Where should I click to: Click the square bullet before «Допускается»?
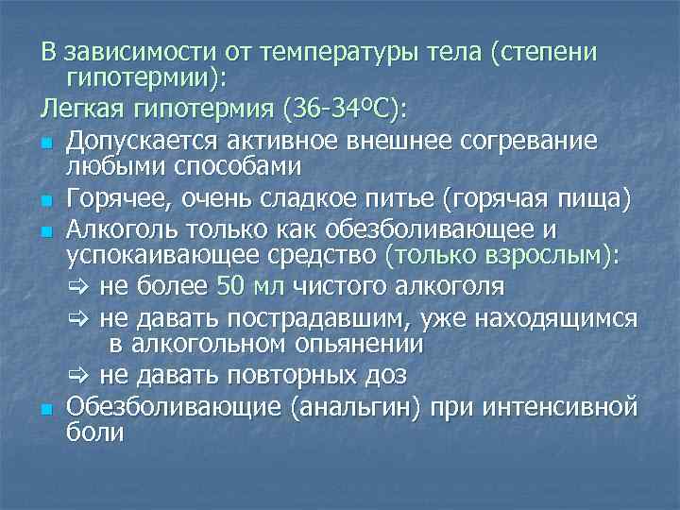click(x=46, y=141)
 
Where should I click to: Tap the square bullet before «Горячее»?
click(x=46, y=200)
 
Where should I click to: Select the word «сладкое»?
click(x=337, y=197)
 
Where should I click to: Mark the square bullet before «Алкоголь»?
click(x=46, y=229)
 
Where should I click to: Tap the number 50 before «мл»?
click(x=230, y=286)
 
